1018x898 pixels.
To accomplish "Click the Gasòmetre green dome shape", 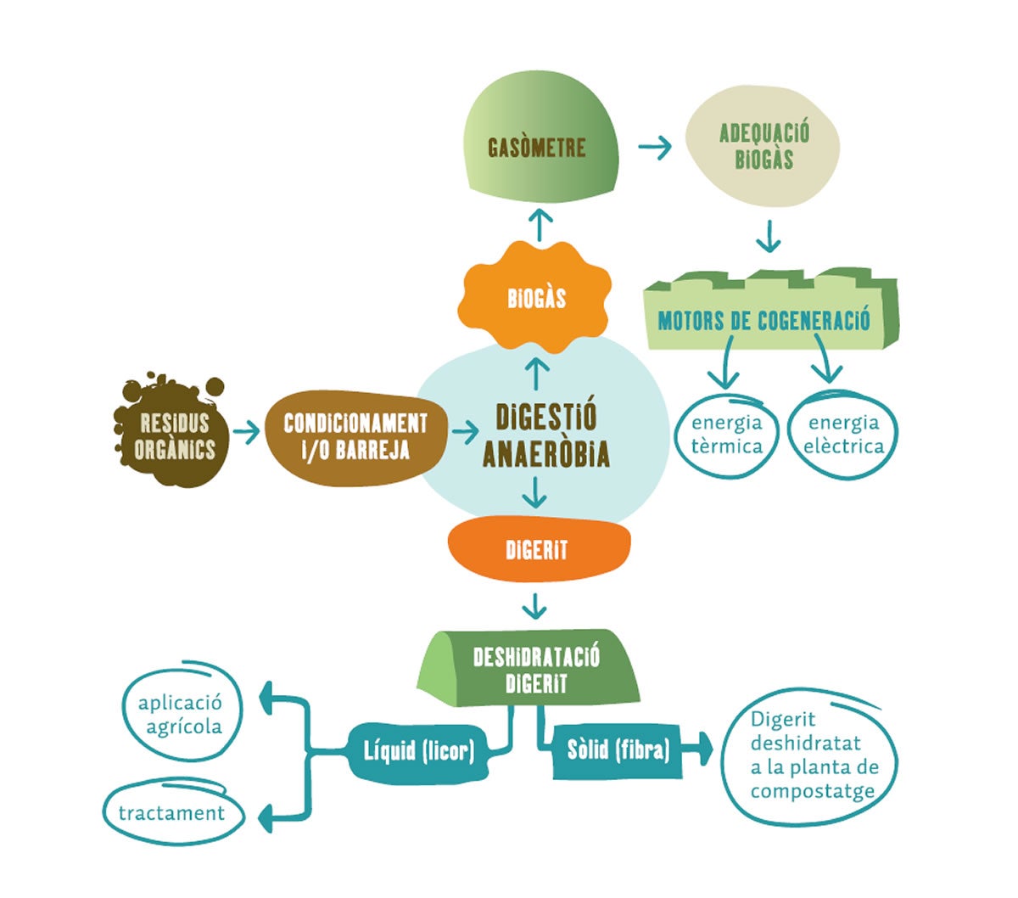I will (536, 146).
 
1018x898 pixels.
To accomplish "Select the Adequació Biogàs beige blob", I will (763, 146).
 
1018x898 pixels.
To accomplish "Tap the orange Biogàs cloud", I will (536, 298).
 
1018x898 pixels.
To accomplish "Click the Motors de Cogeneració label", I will (763, 320).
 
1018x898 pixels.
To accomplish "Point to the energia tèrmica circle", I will (726, 434).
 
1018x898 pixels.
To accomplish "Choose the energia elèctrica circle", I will (843, 434).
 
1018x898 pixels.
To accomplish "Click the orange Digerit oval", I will (538, 549).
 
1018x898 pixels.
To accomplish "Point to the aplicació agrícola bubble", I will (181, 714).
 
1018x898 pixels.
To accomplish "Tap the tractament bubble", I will (172, 812).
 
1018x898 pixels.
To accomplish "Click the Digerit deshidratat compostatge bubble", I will (811, 755).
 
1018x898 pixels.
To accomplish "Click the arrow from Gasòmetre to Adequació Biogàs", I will (654, 148).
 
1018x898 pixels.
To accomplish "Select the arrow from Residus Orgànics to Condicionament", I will (246, 432).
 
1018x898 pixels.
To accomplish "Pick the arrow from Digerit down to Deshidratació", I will (534, 606).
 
